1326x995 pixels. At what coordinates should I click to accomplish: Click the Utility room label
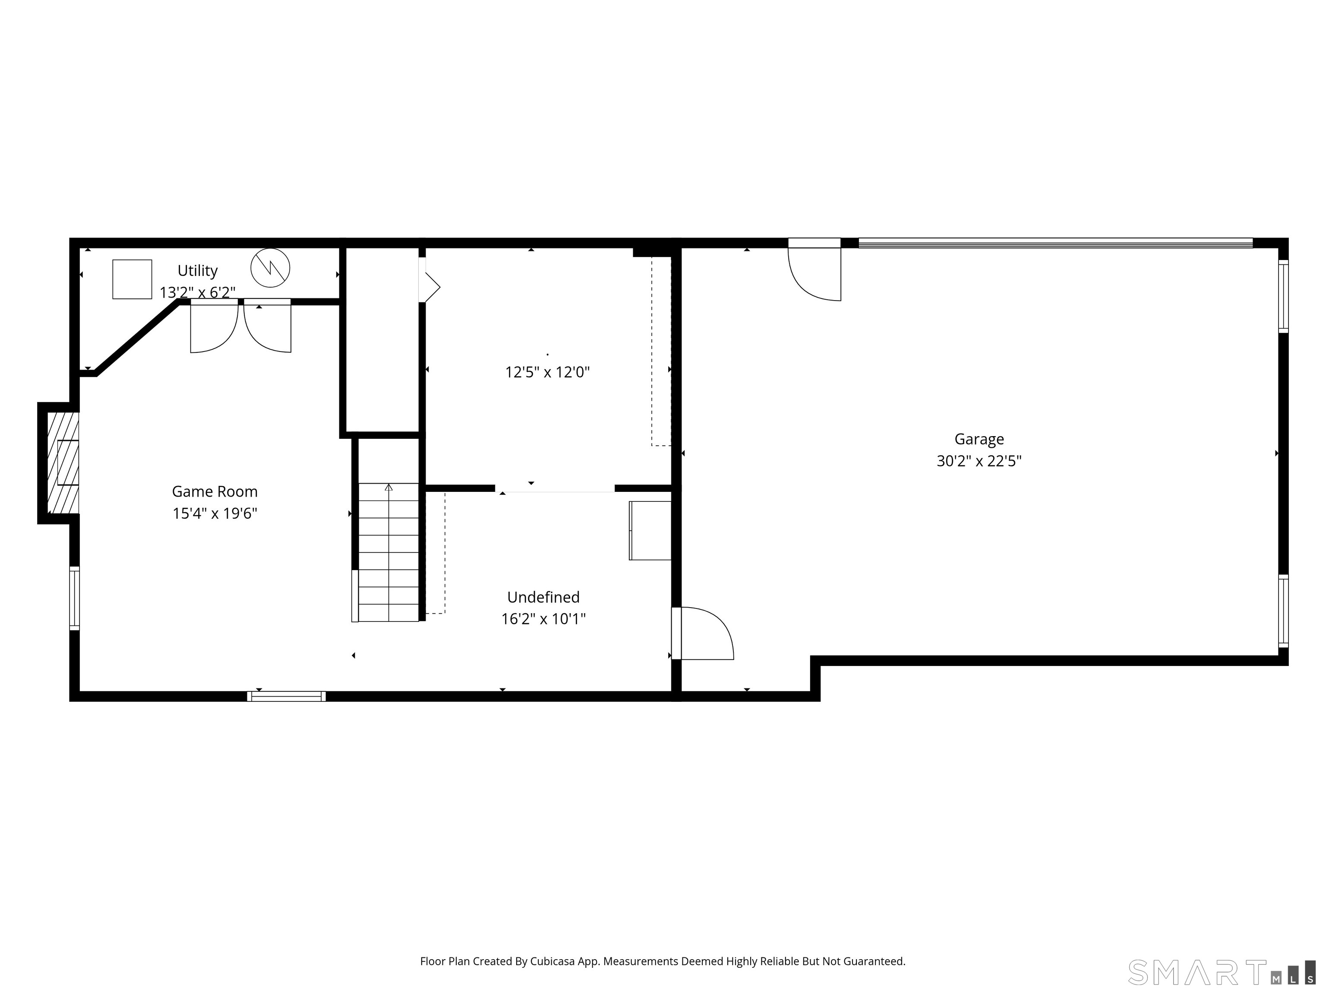pos(197,271)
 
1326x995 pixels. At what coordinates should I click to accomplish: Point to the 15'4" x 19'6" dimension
pos(215,513)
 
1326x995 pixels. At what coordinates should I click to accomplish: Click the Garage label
pos(979,440)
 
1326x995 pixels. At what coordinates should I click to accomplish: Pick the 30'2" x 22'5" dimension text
pos(979,461)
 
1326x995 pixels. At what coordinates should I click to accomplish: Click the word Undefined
pos(543,597)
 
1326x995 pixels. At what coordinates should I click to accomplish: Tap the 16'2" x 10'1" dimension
pos(543,618)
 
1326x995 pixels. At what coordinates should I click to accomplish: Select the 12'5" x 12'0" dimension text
pos(547,372)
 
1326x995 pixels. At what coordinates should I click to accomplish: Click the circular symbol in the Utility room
pos(270,267)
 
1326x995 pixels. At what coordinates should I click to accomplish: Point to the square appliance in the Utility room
pos(132,279)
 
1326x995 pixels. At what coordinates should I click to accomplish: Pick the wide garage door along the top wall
pos(1056,243)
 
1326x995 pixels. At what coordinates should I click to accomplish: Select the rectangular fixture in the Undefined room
pos(650,531)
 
